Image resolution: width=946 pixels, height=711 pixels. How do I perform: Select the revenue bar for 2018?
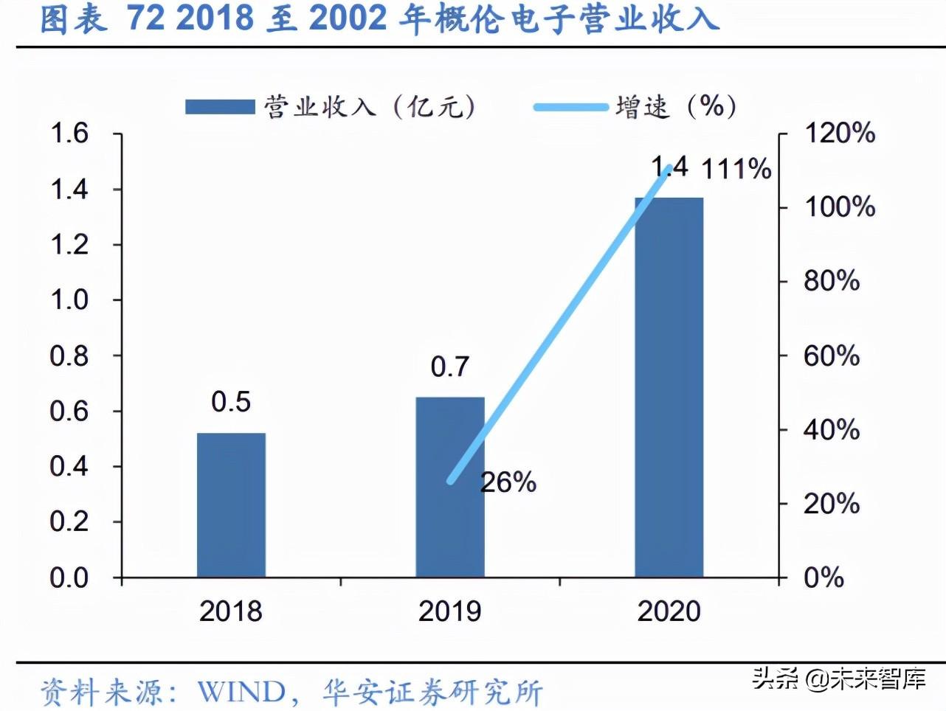pos(231,504)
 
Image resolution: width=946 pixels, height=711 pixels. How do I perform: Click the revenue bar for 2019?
pos(449,487)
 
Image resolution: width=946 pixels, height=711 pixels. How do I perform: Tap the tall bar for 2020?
pos(669,387)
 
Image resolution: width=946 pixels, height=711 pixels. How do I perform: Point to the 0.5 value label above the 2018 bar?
pos(231,401)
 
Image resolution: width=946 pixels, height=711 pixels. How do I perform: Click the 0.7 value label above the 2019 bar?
pos(449,367)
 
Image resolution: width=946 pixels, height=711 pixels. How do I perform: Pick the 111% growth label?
pos(736,170)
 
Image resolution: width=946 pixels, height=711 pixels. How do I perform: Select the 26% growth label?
pos(508,482)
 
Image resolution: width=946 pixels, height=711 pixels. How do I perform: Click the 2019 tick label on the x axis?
pos(449,611)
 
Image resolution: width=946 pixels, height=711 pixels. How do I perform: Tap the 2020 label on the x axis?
pos(669,611)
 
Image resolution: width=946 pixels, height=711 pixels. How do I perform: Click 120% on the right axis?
pos(839,133)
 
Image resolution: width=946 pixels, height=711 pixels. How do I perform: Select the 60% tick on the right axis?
pos(832,356)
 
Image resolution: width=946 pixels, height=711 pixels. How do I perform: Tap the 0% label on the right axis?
pos(824,578)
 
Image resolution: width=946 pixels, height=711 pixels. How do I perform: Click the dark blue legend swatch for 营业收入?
pos(219,107)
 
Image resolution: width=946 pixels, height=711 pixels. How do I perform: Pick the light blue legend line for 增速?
pos(570,108)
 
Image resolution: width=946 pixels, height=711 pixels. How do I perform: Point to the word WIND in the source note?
pos(241,692)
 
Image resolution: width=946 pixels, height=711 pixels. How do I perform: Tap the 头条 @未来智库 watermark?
pos(839,677)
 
